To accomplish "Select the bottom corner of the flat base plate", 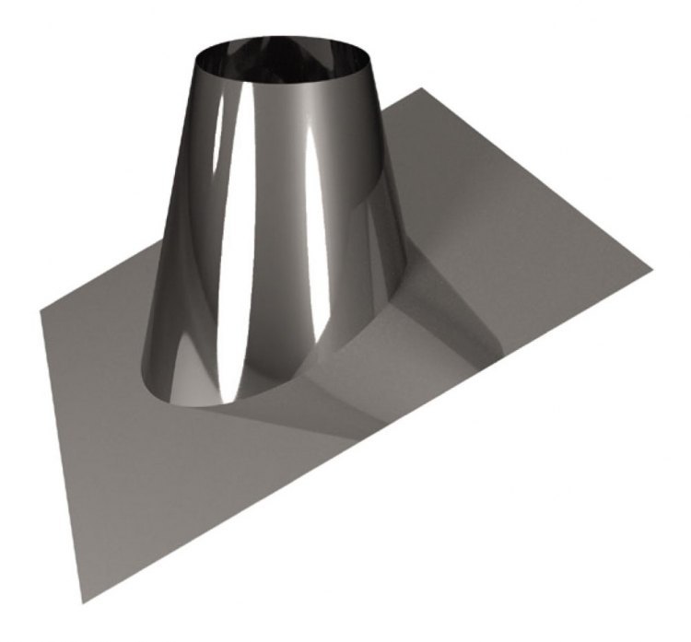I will pos(83,602).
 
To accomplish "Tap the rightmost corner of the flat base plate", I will pos(651,270).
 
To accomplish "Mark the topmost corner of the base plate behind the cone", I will pos(421,89).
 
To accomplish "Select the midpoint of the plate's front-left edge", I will pos(62,456).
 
